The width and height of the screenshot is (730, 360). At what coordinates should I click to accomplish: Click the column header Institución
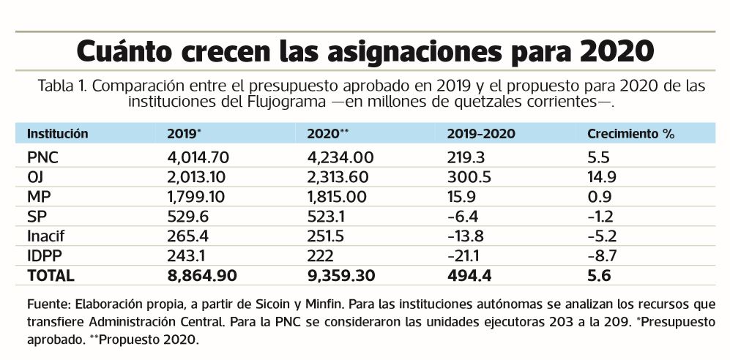click(58, 134)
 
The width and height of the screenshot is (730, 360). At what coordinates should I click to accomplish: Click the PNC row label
click(42, 157)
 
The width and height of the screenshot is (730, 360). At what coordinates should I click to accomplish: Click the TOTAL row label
click(51, 276)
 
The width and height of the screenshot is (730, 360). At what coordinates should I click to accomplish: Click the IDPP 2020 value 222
click(321, 256)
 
